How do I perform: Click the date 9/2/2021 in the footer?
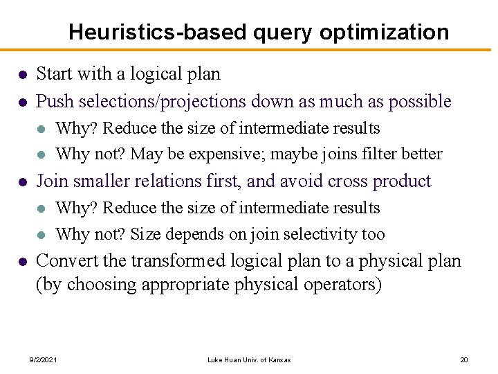tap(43, 359)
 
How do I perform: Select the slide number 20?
tap(464, 359)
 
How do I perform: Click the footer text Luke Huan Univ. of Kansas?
tap(249, 359)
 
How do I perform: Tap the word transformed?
tap(183, 261)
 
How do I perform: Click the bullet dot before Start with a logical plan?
tap(22, 74)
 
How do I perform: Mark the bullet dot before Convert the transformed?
tap(22, 262)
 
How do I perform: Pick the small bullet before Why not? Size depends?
tap(42, 235)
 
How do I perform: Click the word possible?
tap(420, 102)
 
